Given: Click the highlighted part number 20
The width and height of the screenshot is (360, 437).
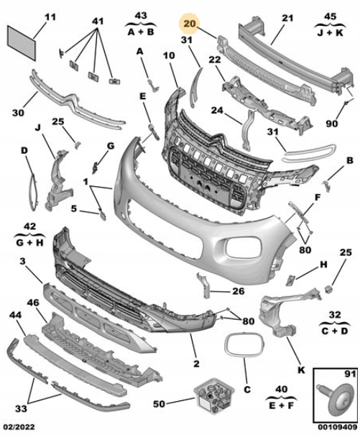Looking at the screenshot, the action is (190, 24).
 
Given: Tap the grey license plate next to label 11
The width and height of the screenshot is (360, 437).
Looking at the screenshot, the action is (22, 43).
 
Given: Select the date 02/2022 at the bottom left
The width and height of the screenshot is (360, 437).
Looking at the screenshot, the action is (19, 427).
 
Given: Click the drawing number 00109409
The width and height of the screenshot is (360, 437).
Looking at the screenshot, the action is (338, 427).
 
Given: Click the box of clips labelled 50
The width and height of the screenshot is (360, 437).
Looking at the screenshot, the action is (214, 395).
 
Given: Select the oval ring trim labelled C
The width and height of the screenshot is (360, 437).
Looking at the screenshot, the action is (244, 344).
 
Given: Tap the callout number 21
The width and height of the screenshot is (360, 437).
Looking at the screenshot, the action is (287, 18).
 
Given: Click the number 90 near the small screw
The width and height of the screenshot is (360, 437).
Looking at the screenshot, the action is (331, 124).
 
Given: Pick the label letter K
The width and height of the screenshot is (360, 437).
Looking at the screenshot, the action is (301, 370).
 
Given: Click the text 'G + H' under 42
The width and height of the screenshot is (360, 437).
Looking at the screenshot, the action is (29, 242).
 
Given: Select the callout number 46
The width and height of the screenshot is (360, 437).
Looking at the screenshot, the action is (33, 302).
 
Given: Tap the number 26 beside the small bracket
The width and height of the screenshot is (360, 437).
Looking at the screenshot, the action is (239, 291).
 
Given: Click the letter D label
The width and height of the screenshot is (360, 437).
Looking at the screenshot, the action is (24, 151).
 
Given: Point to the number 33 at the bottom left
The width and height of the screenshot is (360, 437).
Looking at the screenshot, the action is (21, 409).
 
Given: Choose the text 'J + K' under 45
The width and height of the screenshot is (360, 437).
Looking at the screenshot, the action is (331, 33).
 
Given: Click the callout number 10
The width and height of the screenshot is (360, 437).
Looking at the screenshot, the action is (169, 55).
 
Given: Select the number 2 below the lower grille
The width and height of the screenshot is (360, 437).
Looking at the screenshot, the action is (196, 364).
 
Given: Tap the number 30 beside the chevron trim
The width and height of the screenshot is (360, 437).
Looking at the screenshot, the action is (18, 113).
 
